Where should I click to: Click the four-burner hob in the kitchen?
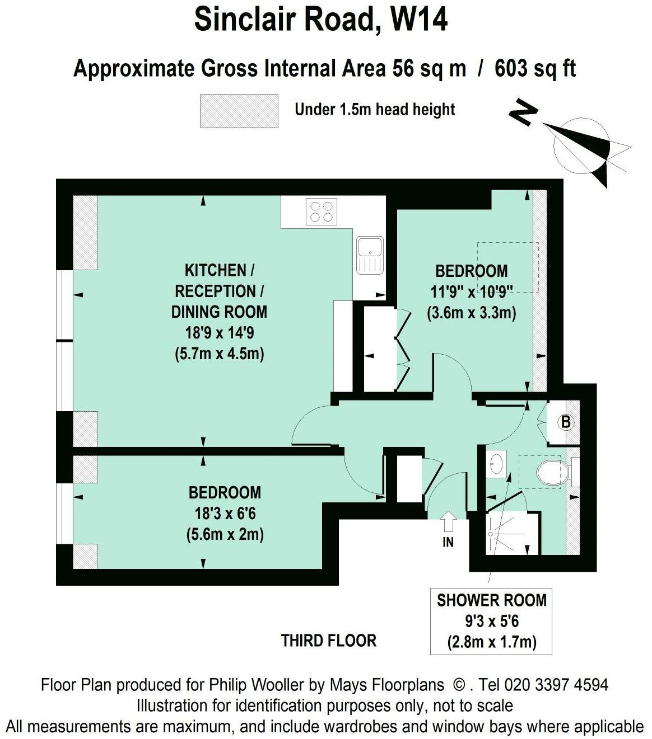(x=322, y=211)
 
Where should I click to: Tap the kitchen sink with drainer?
(x=370, y=255)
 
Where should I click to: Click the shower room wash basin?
(x=496, y=464)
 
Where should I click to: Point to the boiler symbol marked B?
(x=566, y=422)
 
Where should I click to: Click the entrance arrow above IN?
(x=449, y=521)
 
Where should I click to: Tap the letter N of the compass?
(x=523, y=112)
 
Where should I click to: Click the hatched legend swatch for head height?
(x=239, y=111)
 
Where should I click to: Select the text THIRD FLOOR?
(x=329, y=641)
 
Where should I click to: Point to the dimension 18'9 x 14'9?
(x=220, y=333)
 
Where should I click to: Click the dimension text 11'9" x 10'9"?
(x=472, y=292)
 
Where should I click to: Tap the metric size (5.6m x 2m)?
(x=225, y=535)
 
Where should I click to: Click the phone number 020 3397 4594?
(x=556, y=685)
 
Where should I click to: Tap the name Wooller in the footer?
(x=276, y=685)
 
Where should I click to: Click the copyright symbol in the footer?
(x=458, y=685)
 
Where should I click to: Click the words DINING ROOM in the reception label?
(x=219, y=312)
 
